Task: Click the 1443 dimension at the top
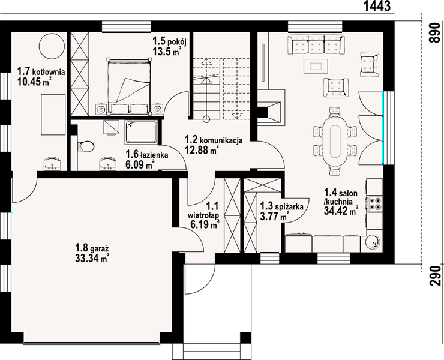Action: (377, 6)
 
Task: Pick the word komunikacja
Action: (221, 140)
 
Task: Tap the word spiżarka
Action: (289, 206)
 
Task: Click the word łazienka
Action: (155, 155)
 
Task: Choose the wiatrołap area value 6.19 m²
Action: (205, 224)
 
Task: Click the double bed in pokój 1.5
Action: (129, 86)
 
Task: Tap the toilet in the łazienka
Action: (86, 146)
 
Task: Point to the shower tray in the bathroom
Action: (142, 132)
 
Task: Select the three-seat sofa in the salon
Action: (316, 44)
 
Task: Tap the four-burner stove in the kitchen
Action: (374, 203)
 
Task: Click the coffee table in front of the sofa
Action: (316, 66)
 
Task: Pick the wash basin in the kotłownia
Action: (52, 164)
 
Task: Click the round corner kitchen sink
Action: (373, 243)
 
